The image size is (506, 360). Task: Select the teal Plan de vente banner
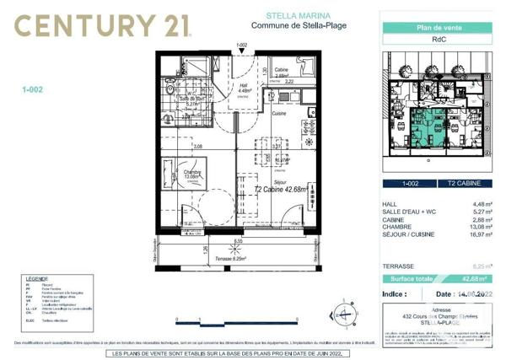(x=437, y=28)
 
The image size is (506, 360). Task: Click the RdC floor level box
(x=437, y=39)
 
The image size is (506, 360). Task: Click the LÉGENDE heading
(x=36, y=277)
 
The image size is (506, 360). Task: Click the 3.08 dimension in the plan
(x=199, y=147)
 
